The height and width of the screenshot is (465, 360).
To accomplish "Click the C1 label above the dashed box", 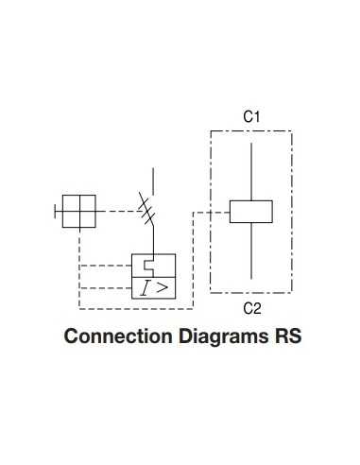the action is pos(251,116).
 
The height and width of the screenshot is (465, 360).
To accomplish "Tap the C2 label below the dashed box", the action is pos(251,308).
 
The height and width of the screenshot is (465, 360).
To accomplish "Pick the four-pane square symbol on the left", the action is pos(79,212).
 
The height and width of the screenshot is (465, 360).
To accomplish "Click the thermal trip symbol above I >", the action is pos(149,265).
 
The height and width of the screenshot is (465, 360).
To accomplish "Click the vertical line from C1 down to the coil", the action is pos(251,170).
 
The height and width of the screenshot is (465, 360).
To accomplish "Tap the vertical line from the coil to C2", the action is pos(251,251).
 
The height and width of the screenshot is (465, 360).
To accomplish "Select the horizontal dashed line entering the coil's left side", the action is pos(212,212).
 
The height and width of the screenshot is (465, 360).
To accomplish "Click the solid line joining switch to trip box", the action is pos(152,238).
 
